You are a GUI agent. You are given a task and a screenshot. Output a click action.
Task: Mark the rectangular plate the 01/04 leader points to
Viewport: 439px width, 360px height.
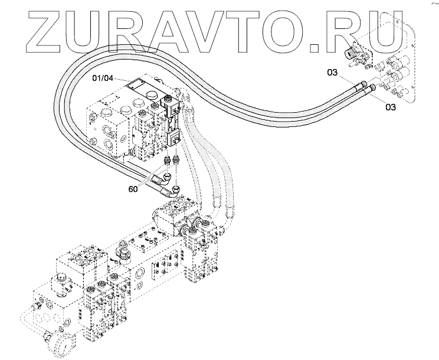point(141,85)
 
